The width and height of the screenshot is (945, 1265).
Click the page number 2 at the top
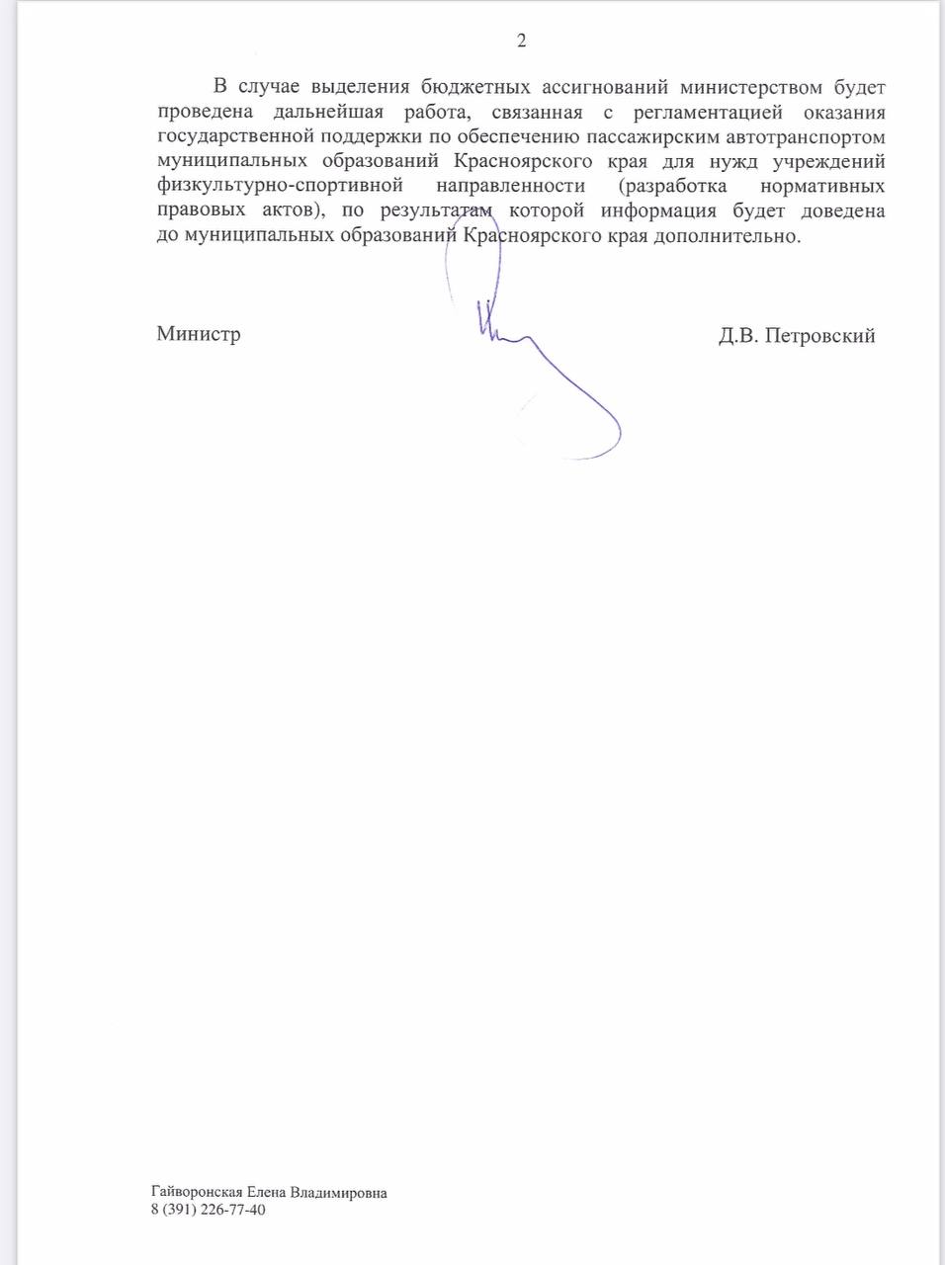(x=521, y=41)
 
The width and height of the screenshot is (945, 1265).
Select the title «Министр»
(x=199, y=334)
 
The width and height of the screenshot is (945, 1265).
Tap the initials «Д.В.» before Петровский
(x=738, y=336)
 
